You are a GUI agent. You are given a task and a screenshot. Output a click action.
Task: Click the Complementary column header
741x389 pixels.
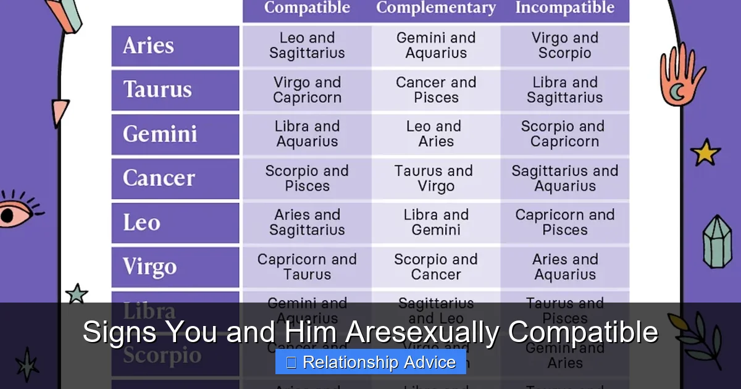(x=436, y=9)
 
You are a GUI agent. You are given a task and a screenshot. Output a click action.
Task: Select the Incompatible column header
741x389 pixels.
(x=564, y=9)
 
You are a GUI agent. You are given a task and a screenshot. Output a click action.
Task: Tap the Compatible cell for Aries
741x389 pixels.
(x=307, y=46)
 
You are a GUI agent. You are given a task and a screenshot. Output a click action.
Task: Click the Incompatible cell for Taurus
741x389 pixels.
(x=564, y=90)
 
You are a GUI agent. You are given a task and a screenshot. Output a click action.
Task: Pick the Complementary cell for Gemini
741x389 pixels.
(x=436, y=134)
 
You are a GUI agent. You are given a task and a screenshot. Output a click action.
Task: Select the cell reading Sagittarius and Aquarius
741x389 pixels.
(x=564, y=178)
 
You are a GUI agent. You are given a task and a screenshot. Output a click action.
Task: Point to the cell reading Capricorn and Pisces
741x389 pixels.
(x=564, y=223)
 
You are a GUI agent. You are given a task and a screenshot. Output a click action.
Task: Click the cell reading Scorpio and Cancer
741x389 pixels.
(x=436, y=267)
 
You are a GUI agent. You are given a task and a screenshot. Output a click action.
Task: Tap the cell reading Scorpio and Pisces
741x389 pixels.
(x=307, y=178)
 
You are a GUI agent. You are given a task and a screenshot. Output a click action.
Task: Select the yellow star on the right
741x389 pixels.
(x=706, y=152)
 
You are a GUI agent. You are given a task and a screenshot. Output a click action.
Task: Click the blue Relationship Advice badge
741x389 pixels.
(x=371, y=362)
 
